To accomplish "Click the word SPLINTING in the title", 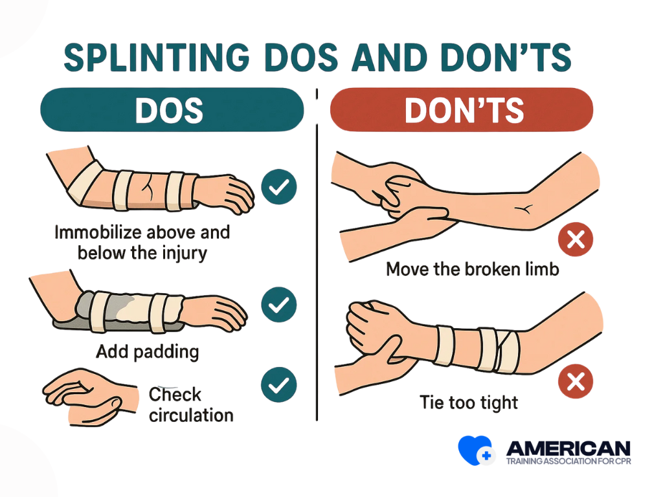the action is pos(157,58).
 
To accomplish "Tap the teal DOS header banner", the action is pos(172,109).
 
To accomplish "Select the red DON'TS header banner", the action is pos(462,109).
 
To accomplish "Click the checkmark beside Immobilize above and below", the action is pos(279,187).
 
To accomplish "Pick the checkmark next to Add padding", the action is pos(279,305).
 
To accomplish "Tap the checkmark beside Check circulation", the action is pos(279,384).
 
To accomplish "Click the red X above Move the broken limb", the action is pos(576,239).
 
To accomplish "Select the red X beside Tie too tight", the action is pos(576,381).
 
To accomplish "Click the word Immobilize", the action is pos(98,232).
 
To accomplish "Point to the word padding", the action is pos(166,352).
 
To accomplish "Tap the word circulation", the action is pos(191,415).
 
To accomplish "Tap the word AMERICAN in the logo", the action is pos(568,448).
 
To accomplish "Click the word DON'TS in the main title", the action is pos(506,58).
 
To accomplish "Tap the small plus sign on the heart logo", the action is pos(486,456).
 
